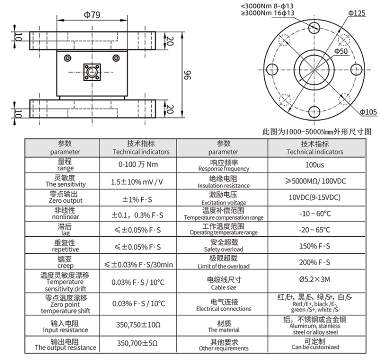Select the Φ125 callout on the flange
pyautogui.click(x=356, y=13)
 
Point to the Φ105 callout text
pyautogui.click(x=368, y=111)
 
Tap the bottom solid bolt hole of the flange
pyautogui.click(x=314, y=112)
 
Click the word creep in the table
pyautogui.click(x=65, y=266)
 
